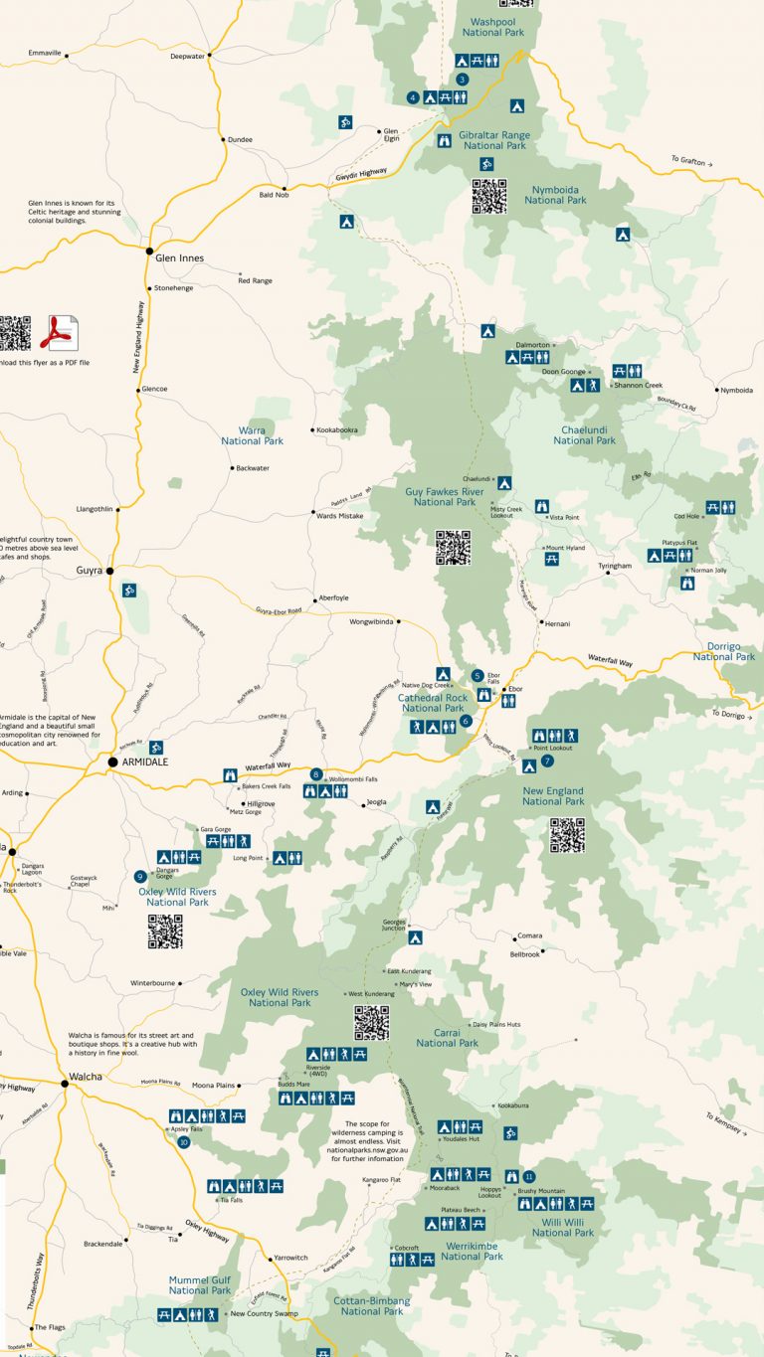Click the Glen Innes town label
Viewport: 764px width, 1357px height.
179,258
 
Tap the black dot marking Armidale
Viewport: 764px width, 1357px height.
112,762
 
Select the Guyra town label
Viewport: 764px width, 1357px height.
90,571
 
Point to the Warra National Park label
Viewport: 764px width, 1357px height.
253,434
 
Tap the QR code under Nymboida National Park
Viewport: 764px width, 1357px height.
489,197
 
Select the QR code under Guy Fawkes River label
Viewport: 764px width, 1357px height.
453,547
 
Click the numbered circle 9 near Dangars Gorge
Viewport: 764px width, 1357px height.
139,876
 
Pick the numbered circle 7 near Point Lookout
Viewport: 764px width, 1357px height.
547,762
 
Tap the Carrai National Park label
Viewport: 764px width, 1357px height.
448,1037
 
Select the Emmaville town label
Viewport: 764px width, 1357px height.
45,52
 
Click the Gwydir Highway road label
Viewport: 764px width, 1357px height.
359,173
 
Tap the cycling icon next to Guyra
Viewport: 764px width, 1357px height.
129,592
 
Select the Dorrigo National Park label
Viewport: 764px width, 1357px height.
723,651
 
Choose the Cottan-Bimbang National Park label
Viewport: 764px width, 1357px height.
371,1305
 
